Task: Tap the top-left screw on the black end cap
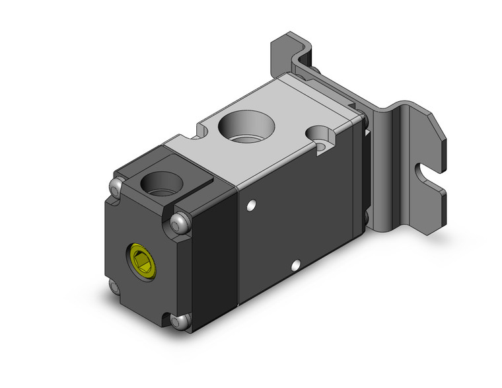pyautogui.click(x=117, y=188)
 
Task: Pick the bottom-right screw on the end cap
pyautogui.click(x=176, y=322)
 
